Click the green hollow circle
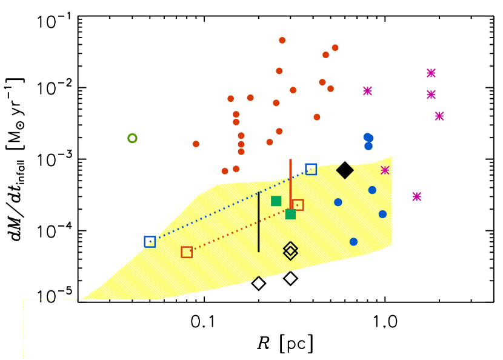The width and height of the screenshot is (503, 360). click(132, 138)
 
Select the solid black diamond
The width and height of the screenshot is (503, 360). click(345, 170)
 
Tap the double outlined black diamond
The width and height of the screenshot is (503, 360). click(290, 250)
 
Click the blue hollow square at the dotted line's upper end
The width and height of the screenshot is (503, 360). click(311, 169)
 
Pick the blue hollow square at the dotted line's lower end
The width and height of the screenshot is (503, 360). click(150, 241)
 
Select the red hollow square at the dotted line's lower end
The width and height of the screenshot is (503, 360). click(187, 252)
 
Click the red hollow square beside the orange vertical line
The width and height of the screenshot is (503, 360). click(298, 205)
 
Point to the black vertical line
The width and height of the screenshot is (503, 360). click(259, 222)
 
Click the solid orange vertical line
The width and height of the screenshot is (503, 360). click(290, 182)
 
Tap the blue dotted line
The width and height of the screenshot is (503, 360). click(230, 205)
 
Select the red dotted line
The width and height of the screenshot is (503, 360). click(242, 228)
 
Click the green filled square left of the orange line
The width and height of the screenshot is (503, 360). click(276, 201)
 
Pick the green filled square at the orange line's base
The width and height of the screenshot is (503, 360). click(290, 214)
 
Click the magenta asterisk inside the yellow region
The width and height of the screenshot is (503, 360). click(385, 170)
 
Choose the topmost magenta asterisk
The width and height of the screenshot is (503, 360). click(431, 73)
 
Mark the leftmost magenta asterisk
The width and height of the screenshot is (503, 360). click(367, 91)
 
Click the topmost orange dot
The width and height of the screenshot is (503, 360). click(282, 41)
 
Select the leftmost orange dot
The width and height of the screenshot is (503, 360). click(196, 144)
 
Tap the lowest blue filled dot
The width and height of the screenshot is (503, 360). click(353, 242)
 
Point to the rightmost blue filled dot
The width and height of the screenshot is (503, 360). click(382, 214)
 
